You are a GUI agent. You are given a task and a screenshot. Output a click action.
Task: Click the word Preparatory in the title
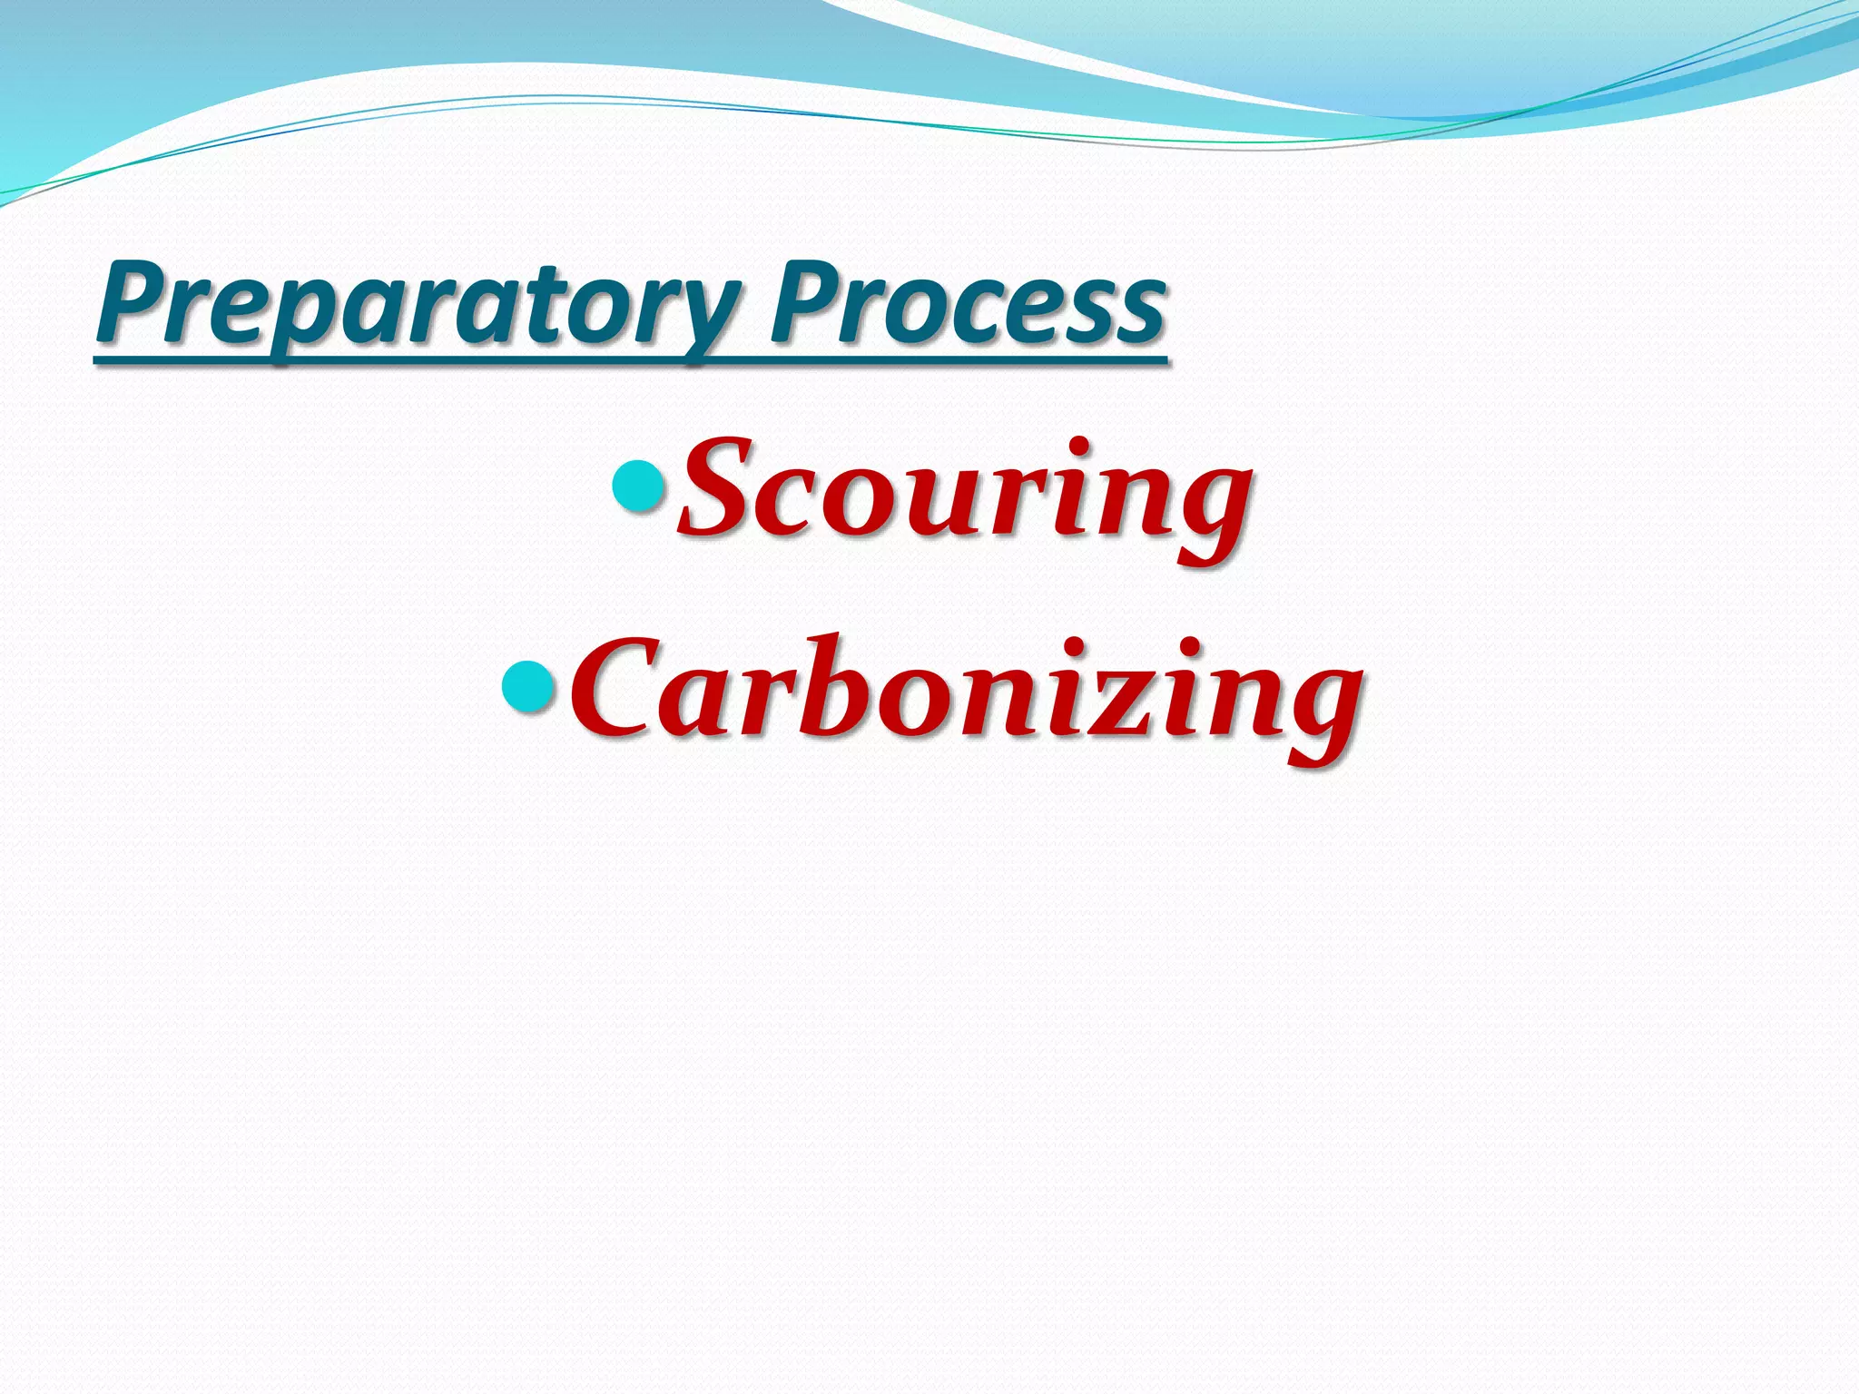point(418,304)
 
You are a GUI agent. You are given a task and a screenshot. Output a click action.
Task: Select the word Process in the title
point(968,304)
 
